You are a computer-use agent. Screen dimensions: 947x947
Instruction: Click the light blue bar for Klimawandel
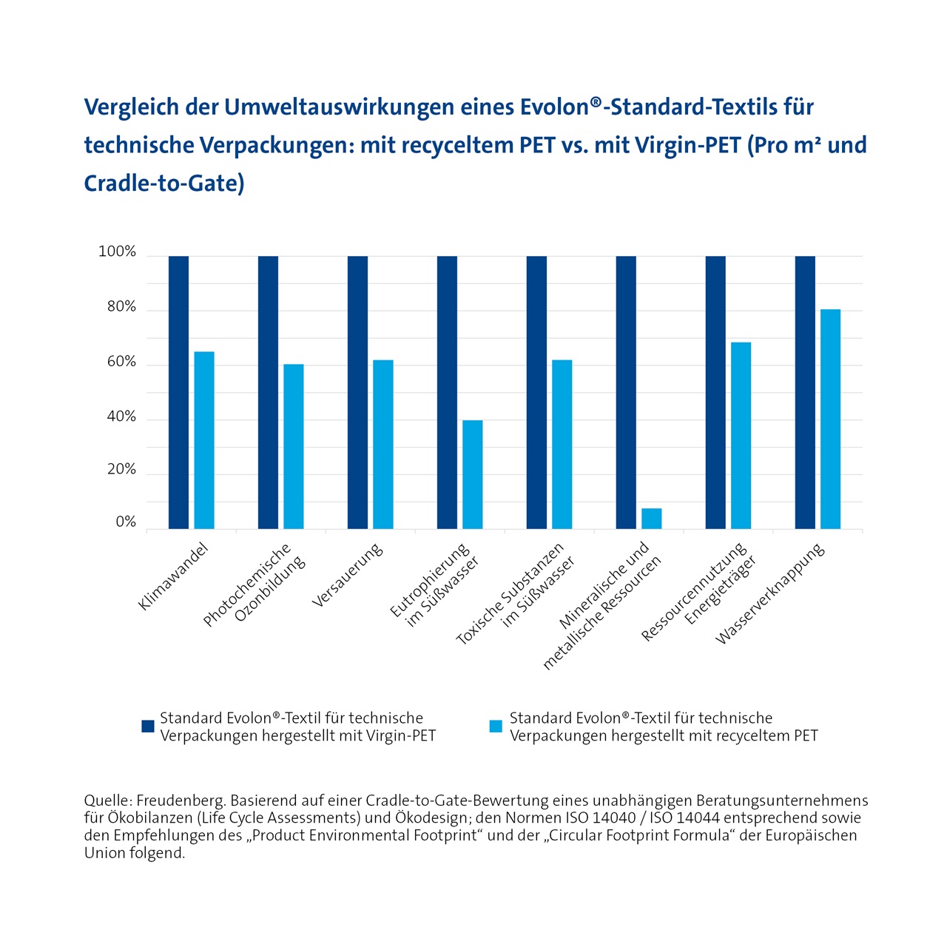click(x=204, y=440)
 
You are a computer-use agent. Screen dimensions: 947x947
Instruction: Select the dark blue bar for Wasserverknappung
click(x=805, y=392)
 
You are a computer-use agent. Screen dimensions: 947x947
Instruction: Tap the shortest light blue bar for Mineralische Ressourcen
click(x=651, y=519)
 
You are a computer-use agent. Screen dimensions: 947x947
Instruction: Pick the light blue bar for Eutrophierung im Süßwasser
click(x=473, y=474)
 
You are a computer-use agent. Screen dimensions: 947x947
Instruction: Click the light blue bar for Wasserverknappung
click(x=830, y=419)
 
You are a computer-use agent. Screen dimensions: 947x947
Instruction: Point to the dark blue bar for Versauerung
click(x=357, y=392)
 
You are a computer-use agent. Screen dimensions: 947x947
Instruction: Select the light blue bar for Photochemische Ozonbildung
click(x=294, y=446)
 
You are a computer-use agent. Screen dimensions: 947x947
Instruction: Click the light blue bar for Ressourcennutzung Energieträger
click(x=741, y=435)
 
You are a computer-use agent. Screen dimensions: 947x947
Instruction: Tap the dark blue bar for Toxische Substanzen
click(x=536, y=392)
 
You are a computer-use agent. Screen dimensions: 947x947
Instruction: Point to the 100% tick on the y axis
click(x=118, y=252)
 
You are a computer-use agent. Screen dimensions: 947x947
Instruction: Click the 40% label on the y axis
click(x=122, y=417)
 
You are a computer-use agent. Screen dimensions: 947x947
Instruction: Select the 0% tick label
click(x=127, y=522)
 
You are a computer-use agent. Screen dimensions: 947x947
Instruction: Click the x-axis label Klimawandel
click(x=174, y=577)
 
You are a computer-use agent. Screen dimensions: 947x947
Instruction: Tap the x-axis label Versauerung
click(x=348, y=576)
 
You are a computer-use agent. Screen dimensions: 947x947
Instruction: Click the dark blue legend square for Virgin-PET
click(x=148, y=727)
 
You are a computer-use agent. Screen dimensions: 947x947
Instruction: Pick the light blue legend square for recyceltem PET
click(x=496, y=727)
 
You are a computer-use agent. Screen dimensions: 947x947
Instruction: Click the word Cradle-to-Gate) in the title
click(x=164, y=183)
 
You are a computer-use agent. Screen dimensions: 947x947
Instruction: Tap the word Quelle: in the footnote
click(x=108, y=801)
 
